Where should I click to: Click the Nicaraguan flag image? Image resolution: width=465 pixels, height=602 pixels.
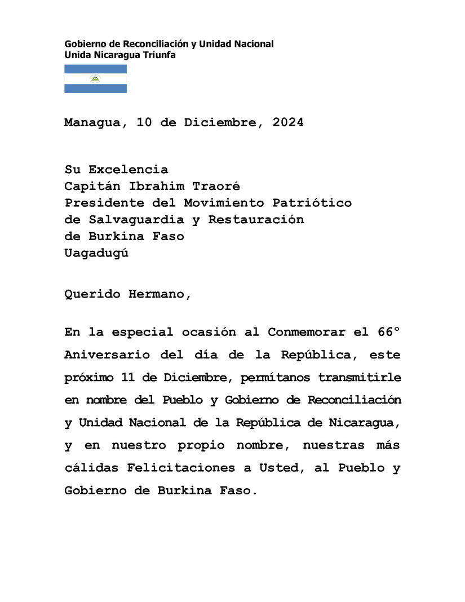click(95, 79)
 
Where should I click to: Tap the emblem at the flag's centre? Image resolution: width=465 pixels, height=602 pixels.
click(95, 79)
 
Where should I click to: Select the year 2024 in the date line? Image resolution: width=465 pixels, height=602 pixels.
click(288, 123)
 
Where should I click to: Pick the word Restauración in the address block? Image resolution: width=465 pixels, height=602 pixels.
click(256, 220)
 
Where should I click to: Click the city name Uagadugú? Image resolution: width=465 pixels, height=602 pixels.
click(96, 253)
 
